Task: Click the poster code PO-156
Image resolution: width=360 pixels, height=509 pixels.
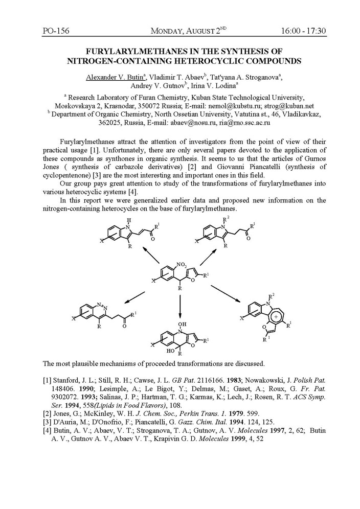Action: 57,32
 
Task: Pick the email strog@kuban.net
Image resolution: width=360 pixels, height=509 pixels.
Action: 293,105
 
